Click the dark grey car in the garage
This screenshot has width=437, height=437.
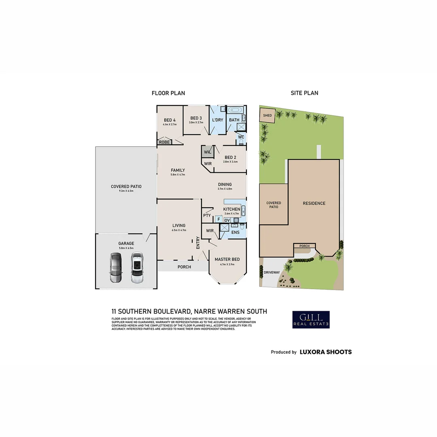tap(115, 267)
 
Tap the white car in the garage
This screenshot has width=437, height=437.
tap(137, 267)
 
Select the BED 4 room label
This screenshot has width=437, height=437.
tap(170, 120)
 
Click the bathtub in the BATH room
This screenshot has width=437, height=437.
tap(234, 110)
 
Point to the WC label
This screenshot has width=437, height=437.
tap(241, 137)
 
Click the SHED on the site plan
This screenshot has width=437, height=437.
tap(267, 115)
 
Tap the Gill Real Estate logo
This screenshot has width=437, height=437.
tap(311, 319)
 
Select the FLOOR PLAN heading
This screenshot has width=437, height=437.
tap(168, 93)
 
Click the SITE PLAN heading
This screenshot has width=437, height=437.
tap(304, 93)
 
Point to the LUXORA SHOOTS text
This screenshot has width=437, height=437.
tap(325, 352)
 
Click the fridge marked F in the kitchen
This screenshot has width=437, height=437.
tap(218, 219)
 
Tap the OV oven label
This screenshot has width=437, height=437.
tap(227, 220)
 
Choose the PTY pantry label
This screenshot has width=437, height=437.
tap(207, 216)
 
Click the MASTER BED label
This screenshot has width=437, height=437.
tap(227, 259)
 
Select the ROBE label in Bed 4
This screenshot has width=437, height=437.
tap(164, 142)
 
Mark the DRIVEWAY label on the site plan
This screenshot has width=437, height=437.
tap(272, 272)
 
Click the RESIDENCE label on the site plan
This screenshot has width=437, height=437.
tap(314, 204)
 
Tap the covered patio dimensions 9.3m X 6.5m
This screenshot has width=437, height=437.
tap(126, 191)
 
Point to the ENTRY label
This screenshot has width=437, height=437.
tap(198, 242)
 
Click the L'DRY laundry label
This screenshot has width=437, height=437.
tap(217, 120)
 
